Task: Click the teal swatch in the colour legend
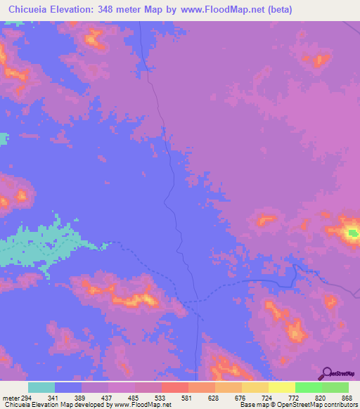(x=41, y=388)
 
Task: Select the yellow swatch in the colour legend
(x=282, y=388)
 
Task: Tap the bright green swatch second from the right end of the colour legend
(x=309, y=388)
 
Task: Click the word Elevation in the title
(x=74, y=10)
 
